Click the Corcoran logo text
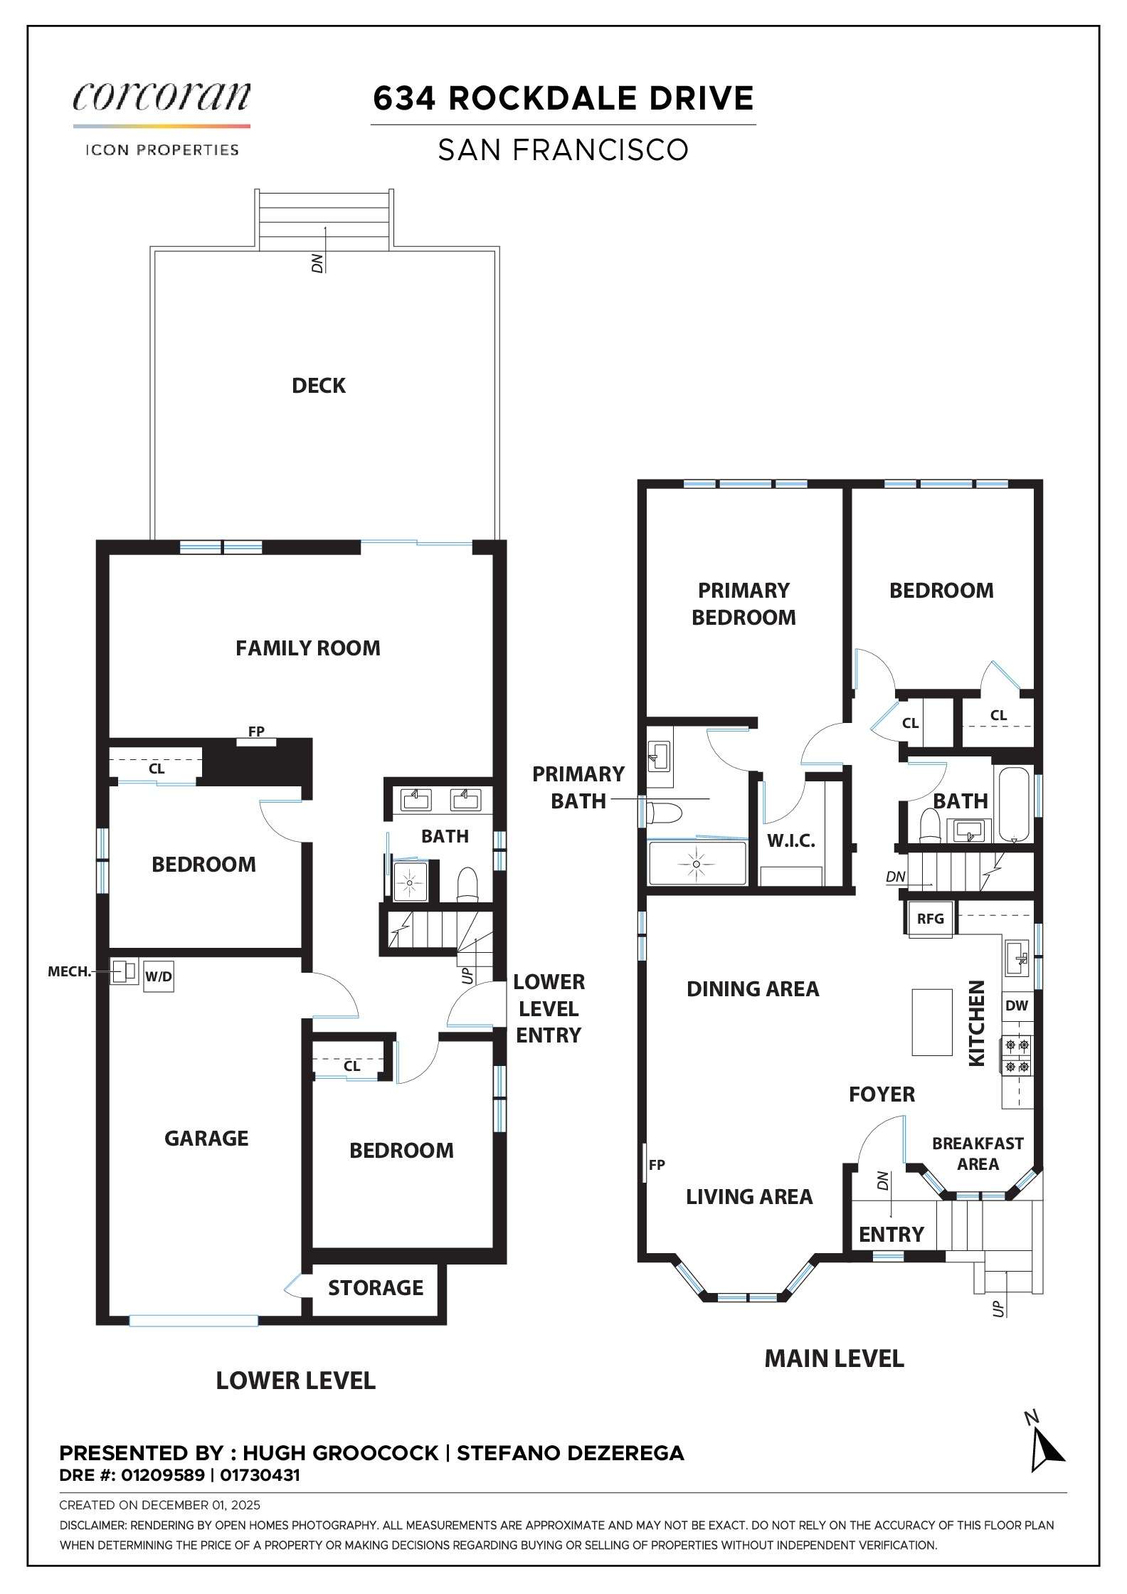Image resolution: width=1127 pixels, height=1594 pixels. (162, 96)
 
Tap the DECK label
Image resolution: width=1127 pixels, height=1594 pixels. (319, 385)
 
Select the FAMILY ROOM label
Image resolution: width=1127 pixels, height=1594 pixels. (307, 648)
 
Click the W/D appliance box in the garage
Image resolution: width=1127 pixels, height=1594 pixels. (158, 976)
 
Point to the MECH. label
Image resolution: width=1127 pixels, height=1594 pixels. (69, 971)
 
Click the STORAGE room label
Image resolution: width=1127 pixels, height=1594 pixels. (376, 1287)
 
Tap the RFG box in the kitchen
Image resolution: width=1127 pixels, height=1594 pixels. (930, 919)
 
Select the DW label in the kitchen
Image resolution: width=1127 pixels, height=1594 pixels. (1017, 1006)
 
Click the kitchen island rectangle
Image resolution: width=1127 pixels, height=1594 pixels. (932, 1022)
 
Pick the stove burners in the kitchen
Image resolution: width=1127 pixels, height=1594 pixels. (1016, 1056)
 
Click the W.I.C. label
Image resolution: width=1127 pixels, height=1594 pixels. (791, 840)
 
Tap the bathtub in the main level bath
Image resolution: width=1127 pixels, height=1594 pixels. (1016, 804)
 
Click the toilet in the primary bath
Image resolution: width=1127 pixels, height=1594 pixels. (665, 811)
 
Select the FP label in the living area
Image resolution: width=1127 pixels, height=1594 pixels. (657, 1165)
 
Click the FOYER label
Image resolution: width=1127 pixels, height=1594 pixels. (882, 1094)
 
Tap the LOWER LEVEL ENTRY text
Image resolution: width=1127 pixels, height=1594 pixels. (549, 1008)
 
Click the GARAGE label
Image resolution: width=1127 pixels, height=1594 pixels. (206, 1138)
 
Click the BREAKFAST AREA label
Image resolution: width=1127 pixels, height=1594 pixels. (978, 1154)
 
